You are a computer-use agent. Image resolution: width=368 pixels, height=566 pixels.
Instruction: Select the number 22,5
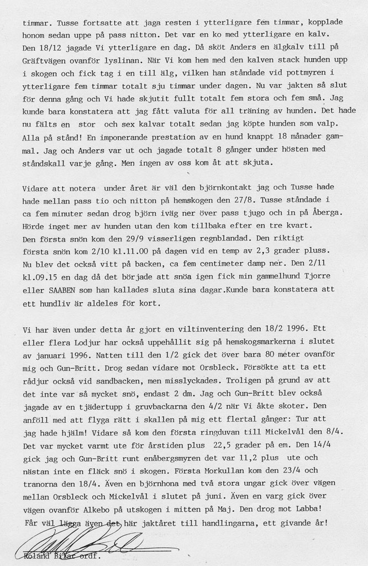tap(223, 444)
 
